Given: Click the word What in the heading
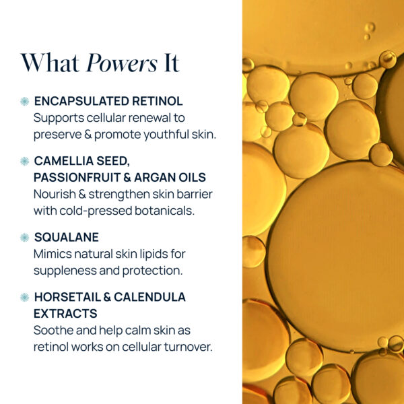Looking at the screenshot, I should click(x=50, y=63).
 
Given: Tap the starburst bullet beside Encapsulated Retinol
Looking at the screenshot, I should click(x=25, y=102).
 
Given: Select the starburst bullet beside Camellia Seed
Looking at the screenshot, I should click(x=25, y=162).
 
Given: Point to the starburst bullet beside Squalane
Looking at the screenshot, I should click(x=25, y=238).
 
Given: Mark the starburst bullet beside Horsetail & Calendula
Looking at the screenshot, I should click(x=25, y=297).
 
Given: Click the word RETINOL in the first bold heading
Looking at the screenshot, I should click(x=159, y=102).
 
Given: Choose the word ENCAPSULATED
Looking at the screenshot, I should click(x=83, y=102).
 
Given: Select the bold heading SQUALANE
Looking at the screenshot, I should click(x=66, y=238).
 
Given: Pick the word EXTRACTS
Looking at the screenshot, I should click(x=65, y=314).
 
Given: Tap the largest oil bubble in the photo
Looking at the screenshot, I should click(x=337, y=256).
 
